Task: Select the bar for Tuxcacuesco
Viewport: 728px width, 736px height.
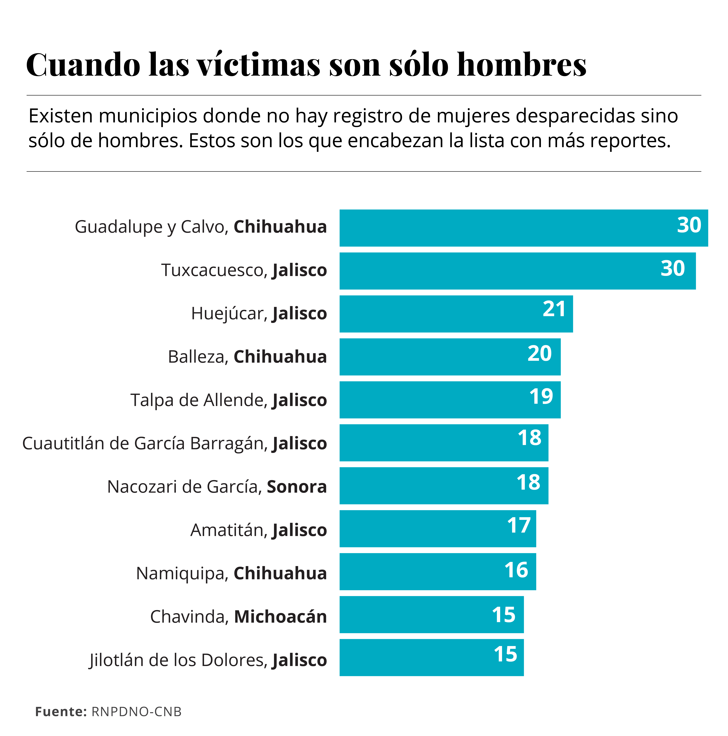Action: click(517, 271)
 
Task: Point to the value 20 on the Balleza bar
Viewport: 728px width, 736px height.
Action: click(539, 353)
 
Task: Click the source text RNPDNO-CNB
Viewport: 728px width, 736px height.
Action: click(136, 712)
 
